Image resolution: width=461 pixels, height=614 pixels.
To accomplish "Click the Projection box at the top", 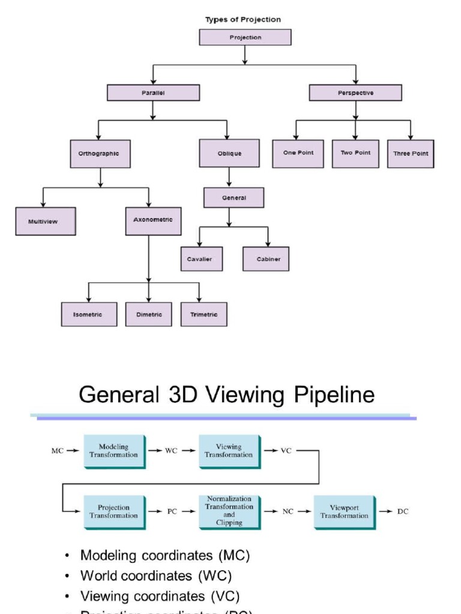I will (245, 37).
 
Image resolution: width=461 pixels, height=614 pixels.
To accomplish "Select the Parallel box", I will (153, 93).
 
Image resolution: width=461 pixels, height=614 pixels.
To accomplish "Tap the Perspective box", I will (355, 93).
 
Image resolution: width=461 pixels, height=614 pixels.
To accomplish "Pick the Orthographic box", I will (100, 153).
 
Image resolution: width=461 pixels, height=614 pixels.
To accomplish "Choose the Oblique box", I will (229, 153).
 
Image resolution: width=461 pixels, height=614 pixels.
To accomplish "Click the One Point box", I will (298, 153).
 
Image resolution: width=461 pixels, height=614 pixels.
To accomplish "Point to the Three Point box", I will (411, 154).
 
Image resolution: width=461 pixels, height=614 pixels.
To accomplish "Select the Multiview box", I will (46, 221).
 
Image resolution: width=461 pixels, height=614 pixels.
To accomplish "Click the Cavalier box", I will (202, 259).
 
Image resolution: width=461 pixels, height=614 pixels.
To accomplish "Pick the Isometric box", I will (89, 314).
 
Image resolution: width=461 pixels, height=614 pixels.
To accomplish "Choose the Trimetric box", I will (204, 314).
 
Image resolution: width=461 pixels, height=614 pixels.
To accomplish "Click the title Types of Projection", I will (243, 19).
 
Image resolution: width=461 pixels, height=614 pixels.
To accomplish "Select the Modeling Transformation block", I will (113, 451).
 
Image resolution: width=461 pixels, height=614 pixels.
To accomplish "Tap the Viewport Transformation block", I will (344, 511).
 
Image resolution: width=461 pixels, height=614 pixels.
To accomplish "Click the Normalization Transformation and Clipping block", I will (229, 511).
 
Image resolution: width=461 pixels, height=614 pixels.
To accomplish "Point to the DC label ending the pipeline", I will (403, 511).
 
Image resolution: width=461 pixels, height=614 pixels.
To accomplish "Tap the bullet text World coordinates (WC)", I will (156, 576).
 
